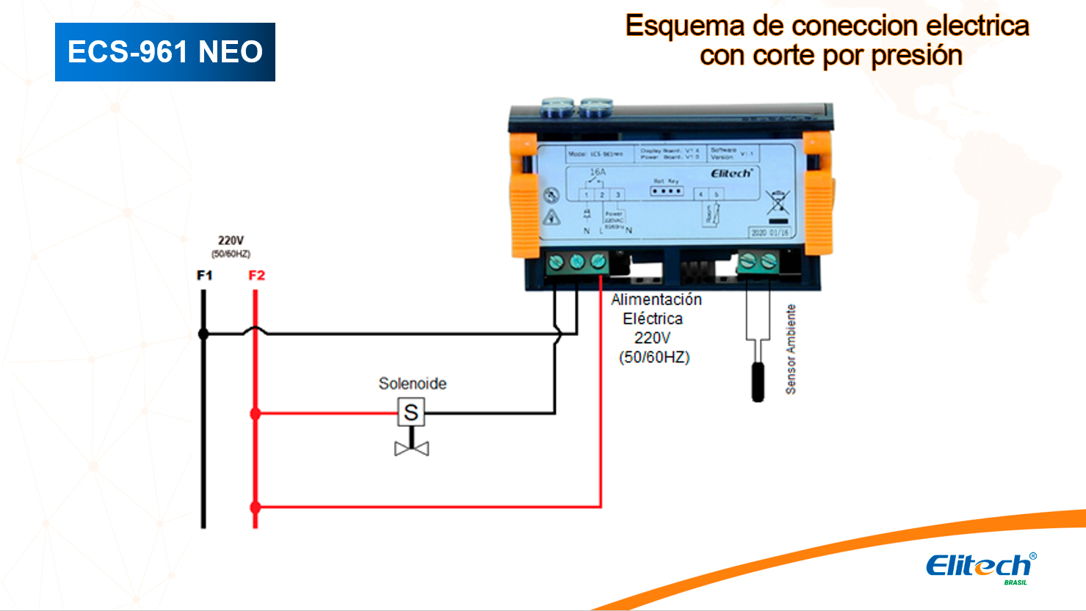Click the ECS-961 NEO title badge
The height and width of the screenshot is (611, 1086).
[x=165, y=52]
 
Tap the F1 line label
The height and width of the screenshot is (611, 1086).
[x=205, y=276]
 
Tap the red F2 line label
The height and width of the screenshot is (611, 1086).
[x=256, y=276]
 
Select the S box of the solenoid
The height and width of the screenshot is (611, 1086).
[x=411, y=413]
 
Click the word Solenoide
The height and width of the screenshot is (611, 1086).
[x=412, y=384]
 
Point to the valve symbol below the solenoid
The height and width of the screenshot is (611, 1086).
[x=412, y=448]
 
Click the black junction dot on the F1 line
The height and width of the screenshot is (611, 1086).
[x=203, y=334]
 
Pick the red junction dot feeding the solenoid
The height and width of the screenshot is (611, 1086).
[x=256, y=414]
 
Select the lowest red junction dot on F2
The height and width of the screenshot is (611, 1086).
[x=256, y=507]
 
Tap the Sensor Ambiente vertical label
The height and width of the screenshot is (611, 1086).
[x=791, y=350]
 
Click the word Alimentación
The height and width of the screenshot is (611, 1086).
[x=656, y=300]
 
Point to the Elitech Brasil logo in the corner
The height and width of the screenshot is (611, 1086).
[x=980, y=568]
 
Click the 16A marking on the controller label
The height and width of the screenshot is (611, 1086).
[x=598, y=172]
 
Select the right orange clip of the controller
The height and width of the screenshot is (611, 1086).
[x=818, y=194]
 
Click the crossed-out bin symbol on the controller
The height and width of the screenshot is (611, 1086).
[x=778, y=202]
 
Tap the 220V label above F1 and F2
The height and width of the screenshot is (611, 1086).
[x=231, y=241]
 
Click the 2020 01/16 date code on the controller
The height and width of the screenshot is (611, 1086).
[x=770, y=233]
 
